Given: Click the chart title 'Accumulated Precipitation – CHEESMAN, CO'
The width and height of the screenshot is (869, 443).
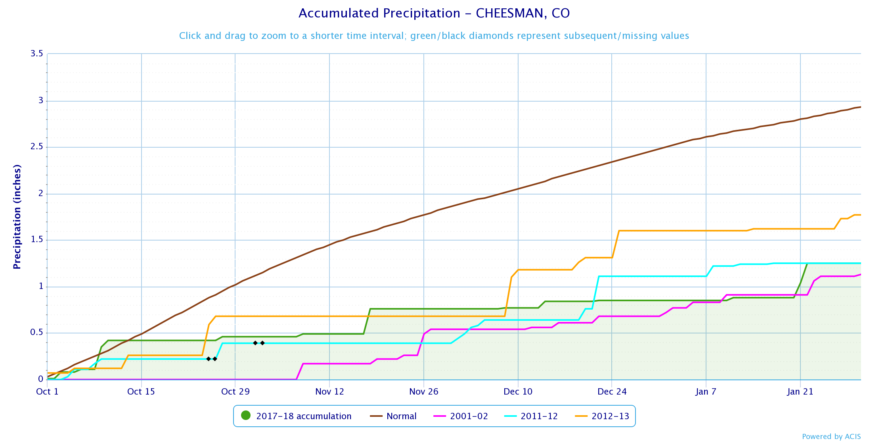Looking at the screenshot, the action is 434,13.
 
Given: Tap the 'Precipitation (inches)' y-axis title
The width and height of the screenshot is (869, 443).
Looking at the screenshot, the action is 17,217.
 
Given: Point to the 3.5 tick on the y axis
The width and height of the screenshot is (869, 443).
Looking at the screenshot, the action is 36,54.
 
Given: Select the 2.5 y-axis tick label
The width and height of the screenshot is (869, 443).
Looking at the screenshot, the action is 36,147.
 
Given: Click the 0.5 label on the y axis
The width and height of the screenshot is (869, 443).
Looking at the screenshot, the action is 36,332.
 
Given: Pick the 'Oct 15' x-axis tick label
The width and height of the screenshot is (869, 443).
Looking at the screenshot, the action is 141,392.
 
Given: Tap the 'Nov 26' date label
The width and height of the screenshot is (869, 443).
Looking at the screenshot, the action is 424,392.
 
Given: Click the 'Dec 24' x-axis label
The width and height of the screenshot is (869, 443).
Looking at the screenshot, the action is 612,392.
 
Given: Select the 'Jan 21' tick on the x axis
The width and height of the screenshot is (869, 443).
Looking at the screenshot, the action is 800,392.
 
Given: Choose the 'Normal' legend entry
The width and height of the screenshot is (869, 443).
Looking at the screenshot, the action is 393,416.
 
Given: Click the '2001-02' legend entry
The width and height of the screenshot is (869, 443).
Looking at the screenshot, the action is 461,416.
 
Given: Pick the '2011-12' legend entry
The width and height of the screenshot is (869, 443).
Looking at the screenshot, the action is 531,416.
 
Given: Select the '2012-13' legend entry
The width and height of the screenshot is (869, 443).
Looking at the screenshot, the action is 602,416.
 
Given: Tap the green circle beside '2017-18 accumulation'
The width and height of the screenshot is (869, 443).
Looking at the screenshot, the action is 246,416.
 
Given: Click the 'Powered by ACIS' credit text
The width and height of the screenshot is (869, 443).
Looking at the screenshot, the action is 831,437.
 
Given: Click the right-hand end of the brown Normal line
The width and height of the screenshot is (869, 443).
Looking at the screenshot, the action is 861,107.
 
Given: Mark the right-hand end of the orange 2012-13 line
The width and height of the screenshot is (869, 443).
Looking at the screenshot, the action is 861,215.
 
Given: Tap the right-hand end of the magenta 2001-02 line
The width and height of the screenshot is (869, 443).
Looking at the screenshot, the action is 861,274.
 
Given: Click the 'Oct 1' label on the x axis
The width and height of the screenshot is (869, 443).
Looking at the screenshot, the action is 47,392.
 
